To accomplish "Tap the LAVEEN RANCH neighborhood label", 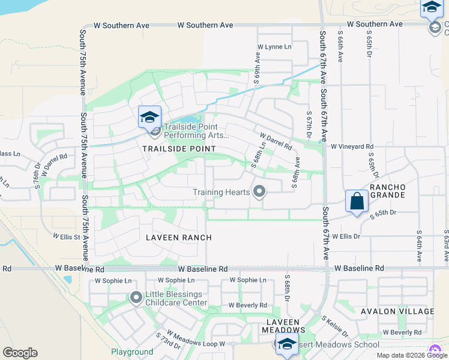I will [179, 238].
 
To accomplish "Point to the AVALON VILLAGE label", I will [397, 311].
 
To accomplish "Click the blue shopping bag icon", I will [357, 201].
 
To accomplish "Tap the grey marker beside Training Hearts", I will [259, 192].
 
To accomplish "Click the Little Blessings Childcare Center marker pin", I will [136, 297].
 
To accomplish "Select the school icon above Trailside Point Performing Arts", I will [149, 116].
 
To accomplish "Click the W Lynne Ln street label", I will [274, 47].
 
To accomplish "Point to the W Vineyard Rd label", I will [352, 146].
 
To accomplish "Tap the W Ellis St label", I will [67, 237].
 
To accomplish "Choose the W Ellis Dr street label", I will [346, 236].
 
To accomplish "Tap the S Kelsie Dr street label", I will [334, 326].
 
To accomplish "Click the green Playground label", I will [132, 352].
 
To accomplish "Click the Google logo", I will [20, 353].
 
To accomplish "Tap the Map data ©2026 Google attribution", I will [412, 355].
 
